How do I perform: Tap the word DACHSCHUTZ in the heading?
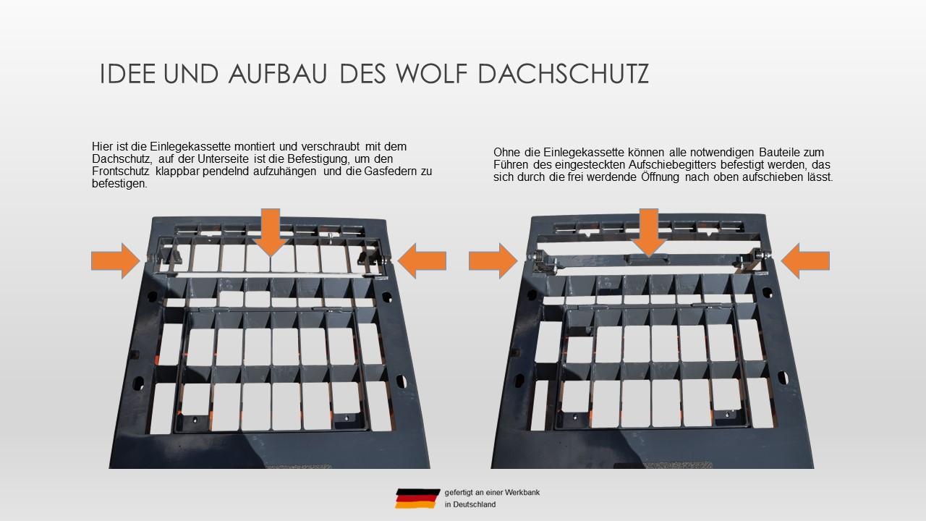563,74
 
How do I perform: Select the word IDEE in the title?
128,74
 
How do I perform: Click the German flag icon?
417,499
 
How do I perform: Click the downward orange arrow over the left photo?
271,232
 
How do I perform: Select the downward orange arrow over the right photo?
649,232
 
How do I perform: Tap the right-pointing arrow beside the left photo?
116,261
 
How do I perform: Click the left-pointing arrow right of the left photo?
422,261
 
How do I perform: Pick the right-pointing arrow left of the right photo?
493,261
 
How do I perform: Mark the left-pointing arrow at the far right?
805,261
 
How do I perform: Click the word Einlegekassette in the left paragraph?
190,147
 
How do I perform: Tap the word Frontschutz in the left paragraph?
121,171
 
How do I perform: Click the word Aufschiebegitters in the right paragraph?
672,165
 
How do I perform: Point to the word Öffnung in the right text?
660,177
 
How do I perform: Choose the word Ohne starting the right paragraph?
507,153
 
